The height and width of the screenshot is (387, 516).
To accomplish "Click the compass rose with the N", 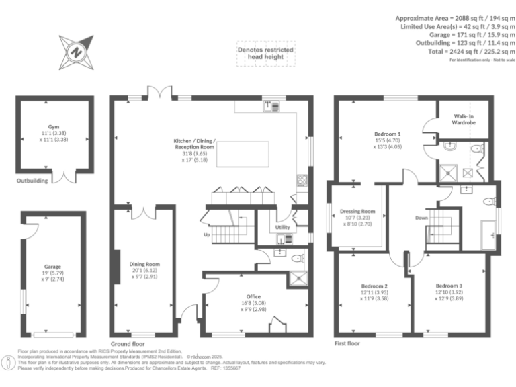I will point(76,49).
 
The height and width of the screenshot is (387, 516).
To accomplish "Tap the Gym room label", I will point(54,126).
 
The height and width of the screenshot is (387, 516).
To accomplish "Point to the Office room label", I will point(253,296).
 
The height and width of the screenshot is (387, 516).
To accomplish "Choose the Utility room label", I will point(283,228).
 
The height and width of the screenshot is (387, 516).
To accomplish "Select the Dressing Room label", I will point(357,212).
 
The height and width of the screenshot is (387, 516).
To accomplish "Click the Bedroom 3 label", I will point(448,286).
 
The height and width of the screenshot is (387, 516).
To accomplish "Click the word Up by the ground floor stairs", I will point(207,235).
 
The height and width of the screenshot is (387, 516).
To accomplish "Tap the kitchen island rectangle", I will point(241,156).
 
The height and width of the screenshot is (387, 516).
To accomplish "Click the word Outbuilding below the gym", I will point(32,181).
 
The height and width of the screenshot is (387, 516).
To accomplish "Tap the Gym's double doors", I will point(64,177).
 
